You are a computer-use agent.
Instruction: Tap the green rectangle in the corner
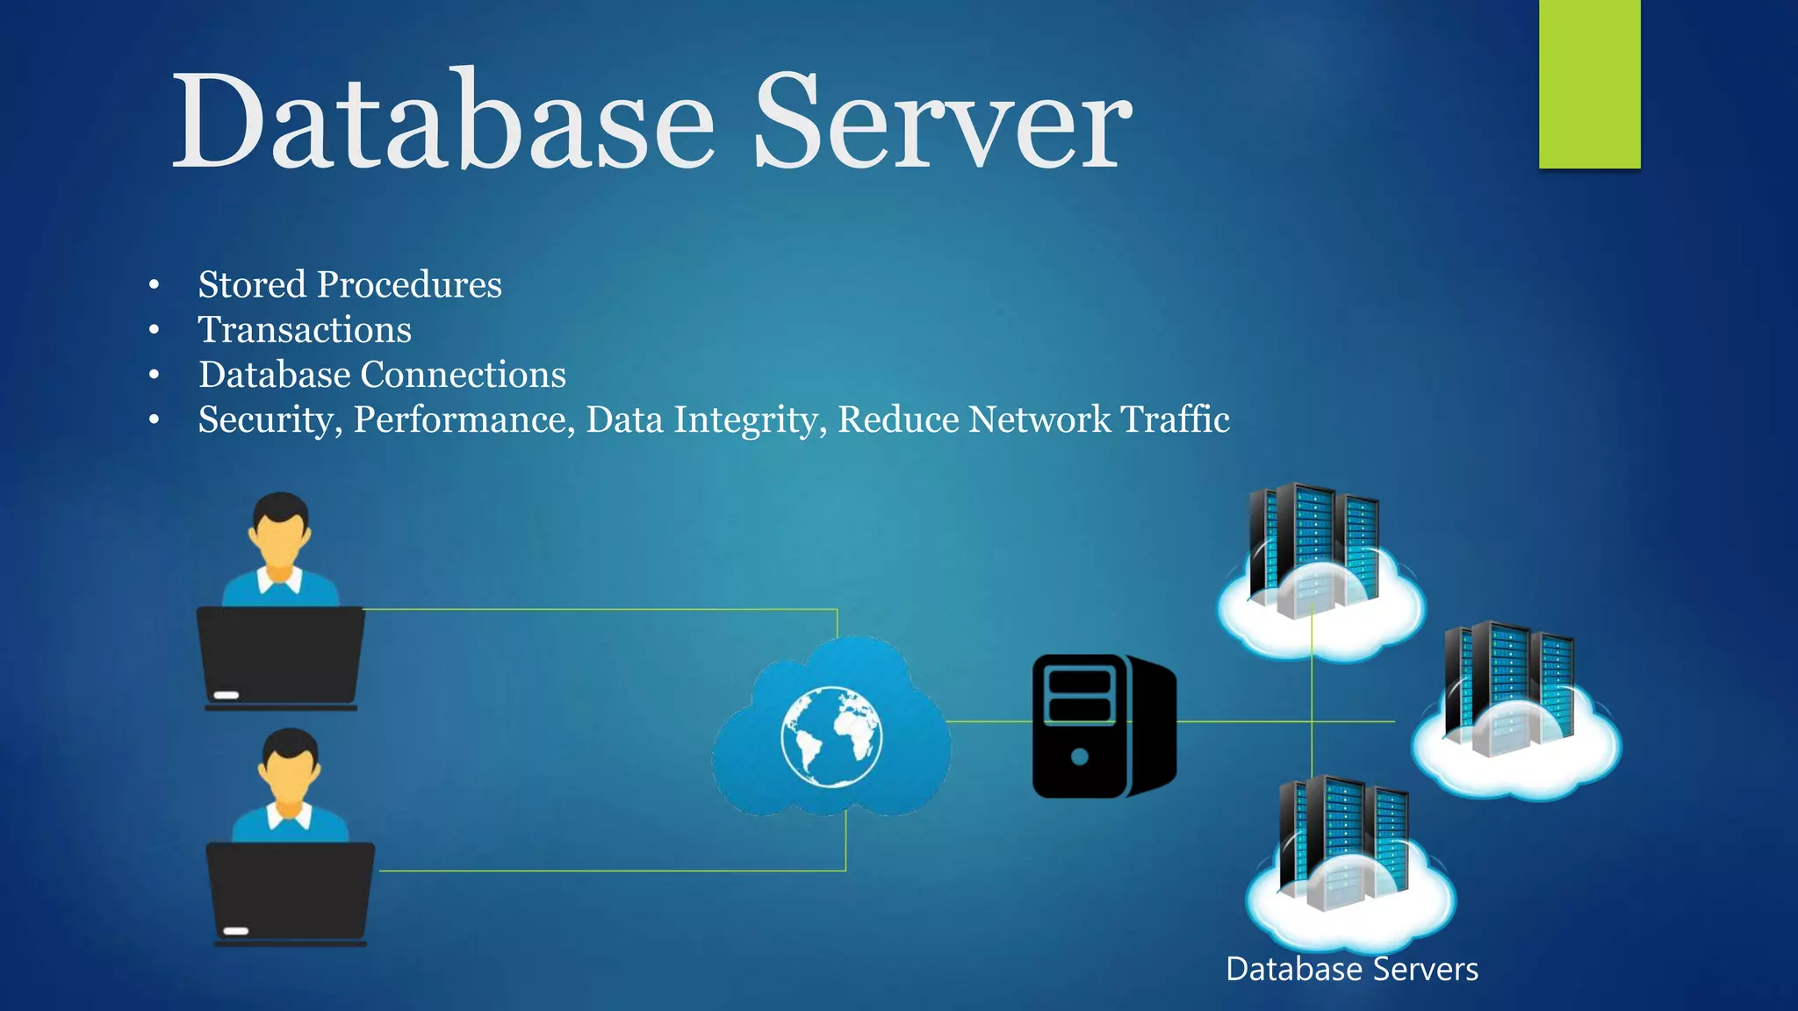[1589, 83]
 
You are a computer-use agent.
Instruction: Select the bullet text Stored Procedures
[349, 284]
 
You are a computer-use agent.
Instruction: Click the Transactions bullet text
[305, 330]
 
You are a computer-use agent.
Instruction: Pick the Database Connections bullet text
[382, 375]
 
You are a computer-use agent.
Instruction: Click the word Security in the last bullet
[269, 419]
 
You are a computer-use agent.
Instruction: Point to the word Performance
[463, 419]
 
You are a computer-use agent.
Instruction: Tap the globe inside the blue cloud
[831, 736]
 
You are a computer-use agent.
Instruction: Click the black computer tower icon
[1104, 726]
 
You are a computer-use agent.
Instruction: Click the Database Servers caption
[1351, 969]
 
